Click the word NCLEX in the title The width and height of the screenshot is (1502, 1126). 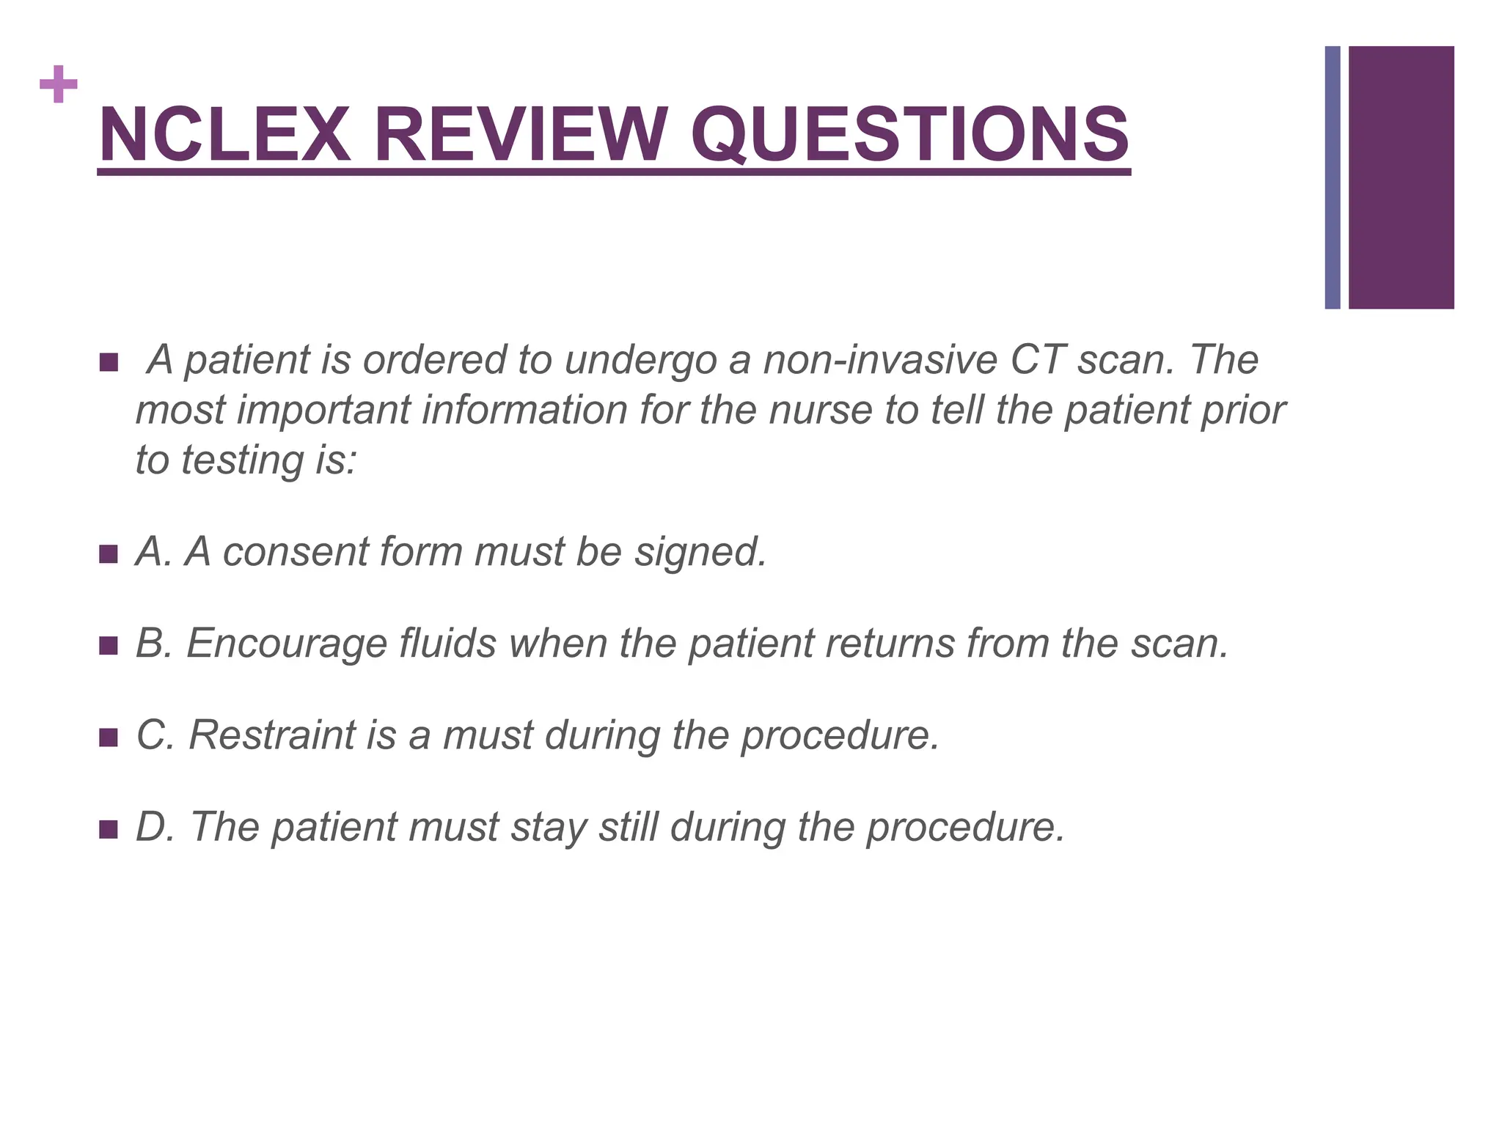click(x=224, y=136)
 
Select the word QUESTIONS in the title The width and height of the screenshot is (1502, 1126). click(x=909, y=136)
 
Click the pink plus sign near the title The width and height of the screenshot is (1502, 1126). click(x=59, y=84)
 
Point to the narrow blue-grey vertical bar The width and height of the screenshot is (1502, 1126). click(x=1333, y=177)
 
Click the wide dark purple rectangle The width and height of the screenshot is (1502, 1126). click(x=1401, y=177)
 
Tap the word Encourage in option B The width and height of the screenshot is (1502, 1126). click(x=287, y=644)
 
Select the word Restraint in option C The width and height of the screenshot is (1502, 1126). click(x=272, y=735)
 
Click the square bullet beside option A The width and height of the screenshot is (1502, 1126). click(x=108, y=554)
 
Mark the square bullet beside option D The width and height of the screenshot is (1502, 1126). click(x=108, y=829)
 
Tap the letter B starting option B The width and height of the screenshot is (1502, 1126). click(x=149, y=643)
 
